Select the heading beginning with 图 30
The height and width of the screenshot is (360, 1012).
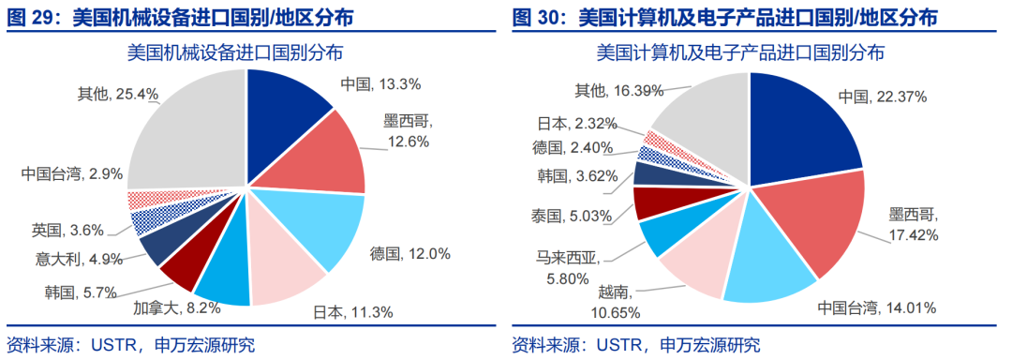tap(722, 17)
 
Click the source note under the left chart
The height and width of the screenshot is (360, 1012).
tap(130, 345)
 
